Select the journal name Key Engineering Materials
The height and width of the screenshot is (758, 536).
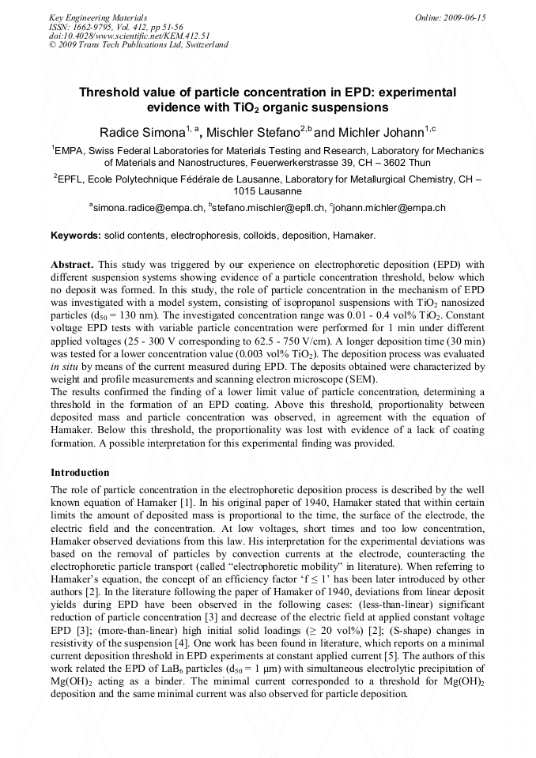pyautogui.click(x=97, y=17)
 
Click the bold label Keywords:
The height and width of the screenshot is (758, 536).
pyautogui.click(x=75, y=236)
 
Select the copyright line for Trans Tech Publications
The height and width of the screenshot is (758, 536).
pyautogui.click(x=138, y=45)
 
